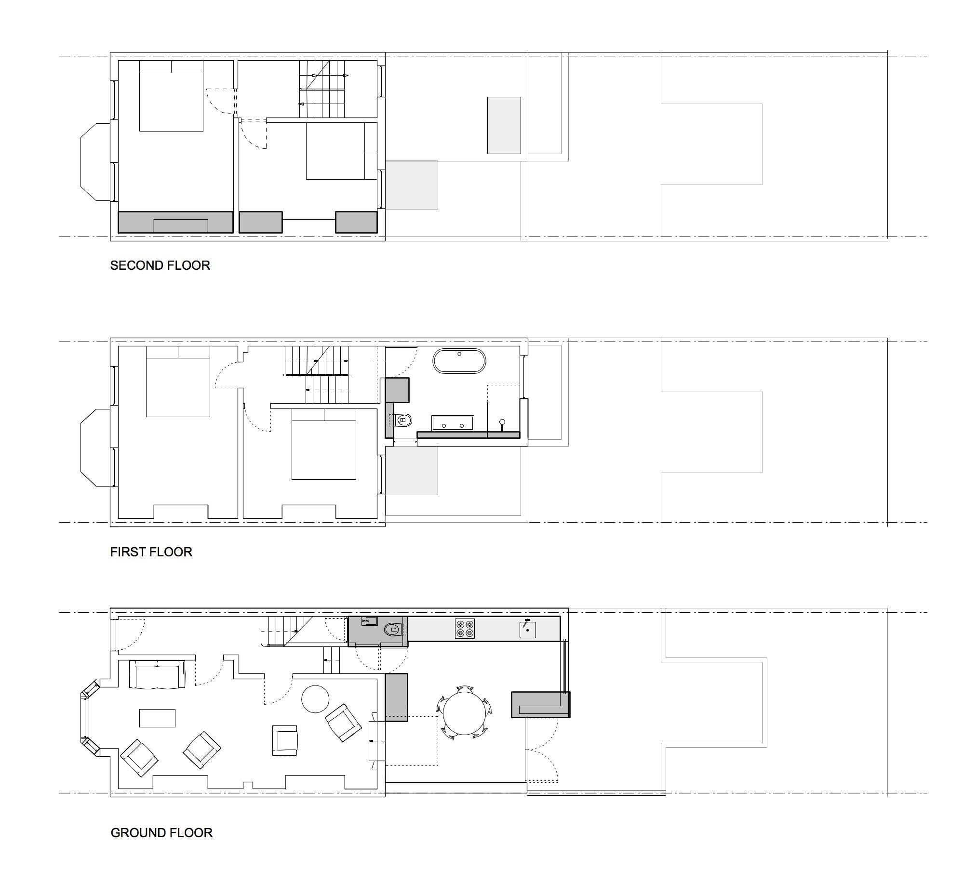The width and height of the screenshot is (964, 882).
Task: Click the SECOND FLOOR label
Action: (x=160, y=265)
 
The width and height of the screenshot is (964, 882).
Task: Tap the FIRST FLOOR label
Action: (x=151, y=552)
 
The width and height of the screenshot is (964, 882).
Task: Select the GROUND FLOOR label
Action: (x=161, y=833)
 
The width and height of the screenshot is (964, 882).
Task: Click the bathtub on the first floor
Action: (x=459, y=361)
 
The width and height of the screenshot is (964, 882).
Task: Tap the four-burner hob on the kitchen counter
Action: (x=465, y=629)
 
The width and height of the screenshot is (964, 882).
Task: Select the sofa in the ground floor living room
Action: (x=157, y=674)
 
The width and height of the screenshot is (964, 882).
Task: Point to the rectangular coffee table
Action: (x=157, y=718)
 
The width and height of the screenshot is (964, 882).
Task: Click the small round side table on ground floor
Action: (x=315, y=699)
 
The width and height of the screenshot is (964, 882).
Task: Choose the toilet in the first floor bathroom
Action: (x=403, y=421)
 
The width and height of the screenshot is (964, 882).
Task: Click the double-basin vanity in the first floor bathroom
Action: (x=453, y=423)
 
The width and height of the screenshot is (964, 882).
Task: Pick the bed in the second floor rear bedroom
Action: (x=341, y=151)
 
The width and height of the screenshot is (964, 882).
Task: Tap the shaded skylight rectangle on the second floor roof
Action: (x=504, y=125)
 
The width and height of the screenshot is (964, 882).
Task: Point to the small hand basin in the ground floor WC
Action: (x=369, y=620)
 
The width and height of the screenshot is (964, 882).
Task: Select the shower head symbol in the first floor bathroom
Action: (x=502, y=422)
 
